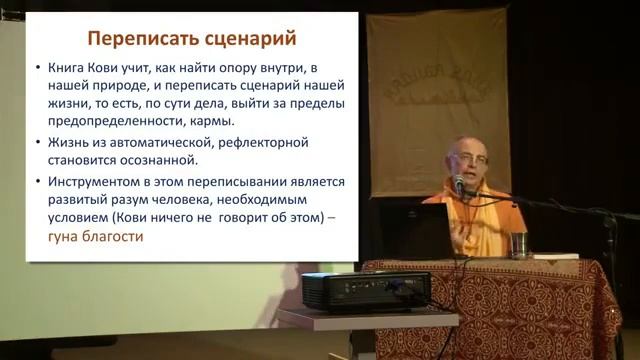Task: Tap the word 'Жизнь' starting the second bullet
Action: tap(68, 144)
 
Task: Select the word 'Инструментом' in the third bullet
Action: tap(95, 182)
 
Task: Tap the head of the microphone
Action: tap(459, 182)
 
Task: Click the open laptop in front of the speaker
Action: tap(420, 230)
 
